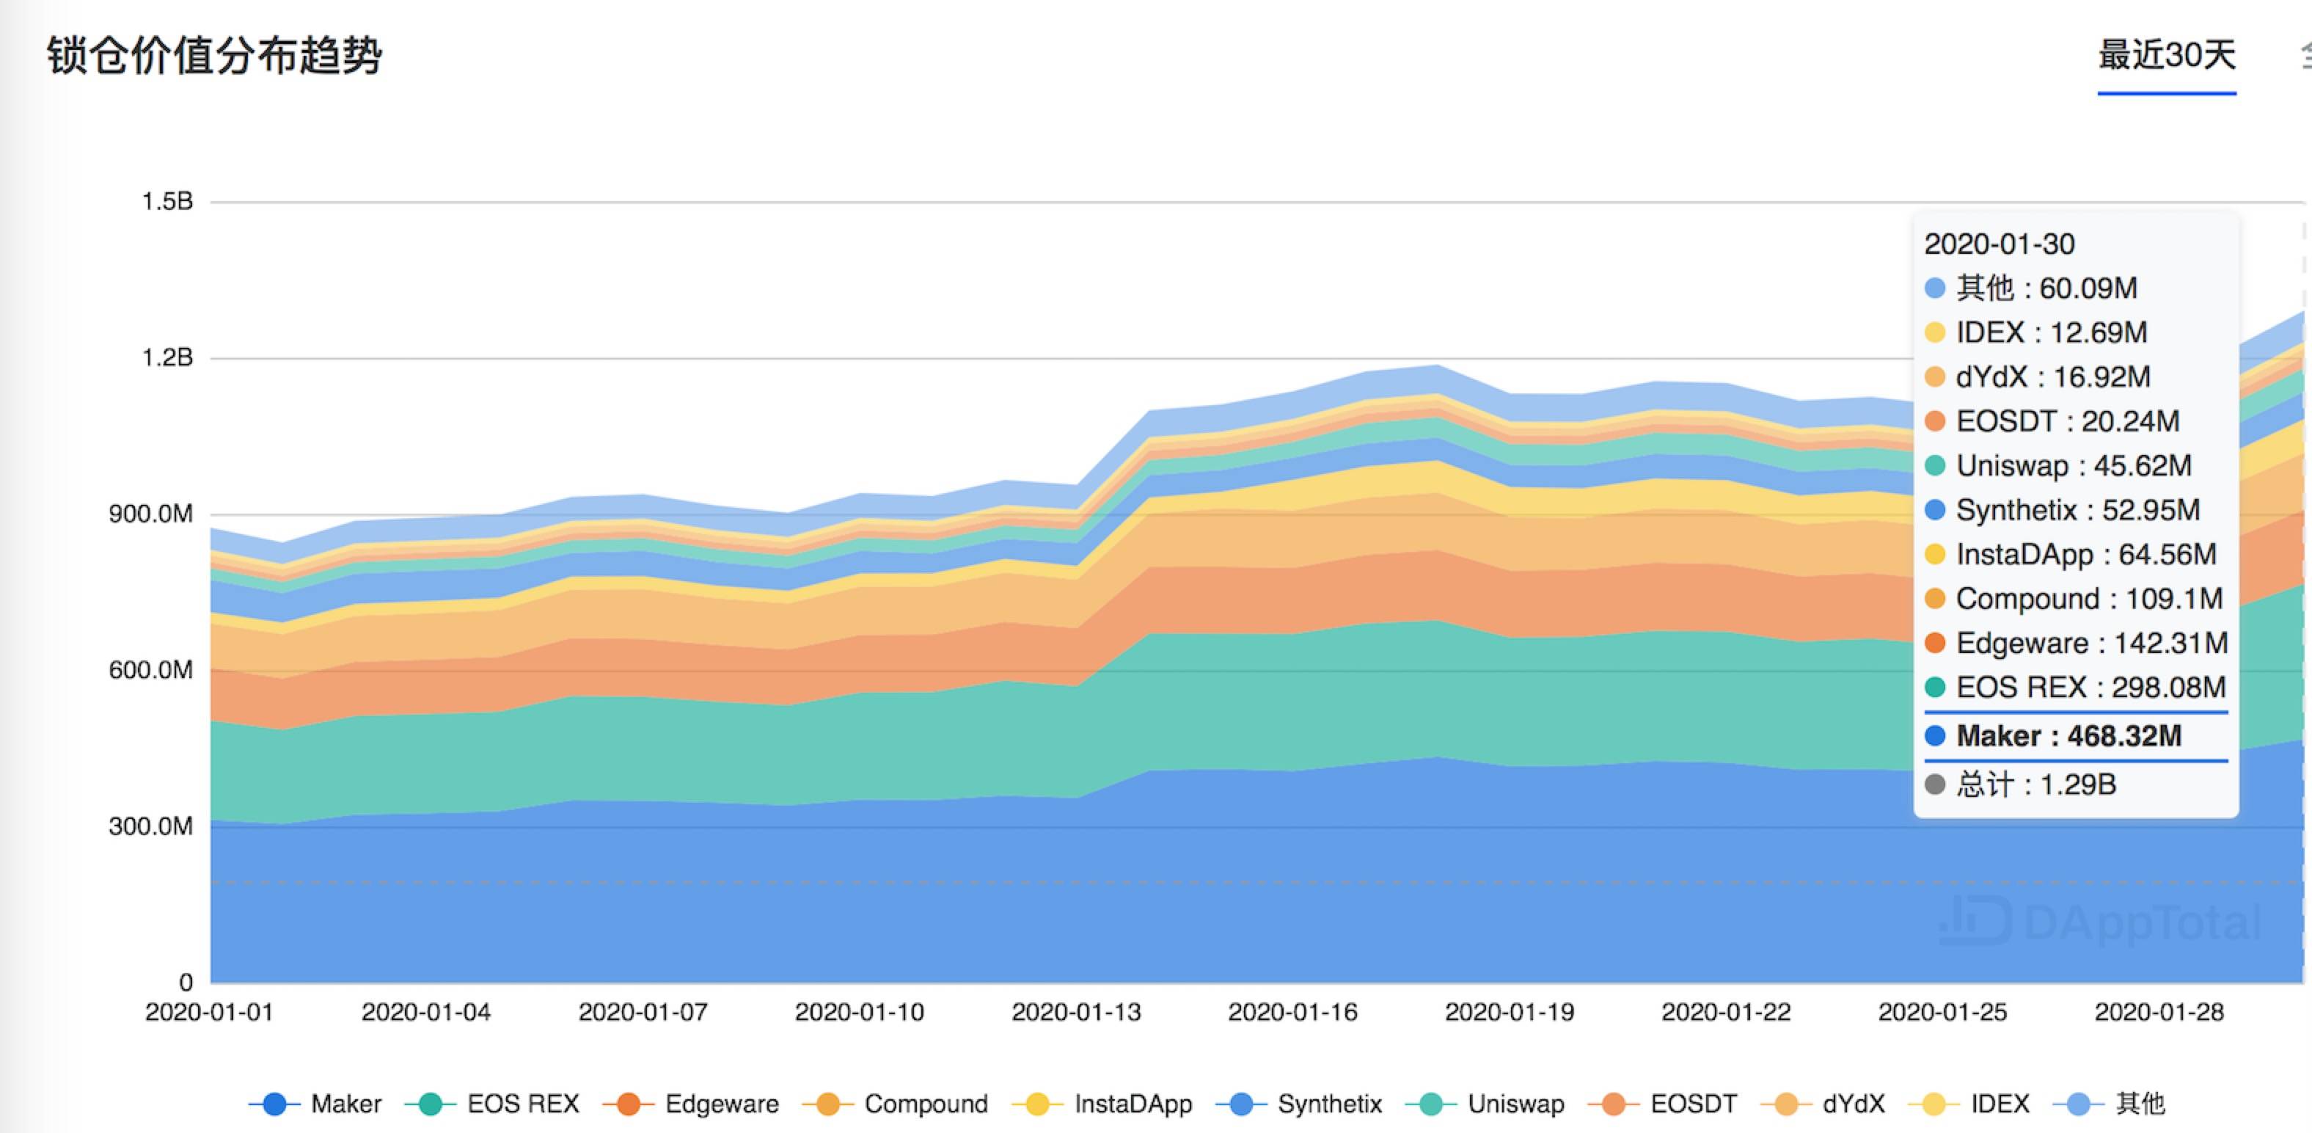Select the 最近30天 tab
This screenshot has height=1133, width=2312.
tap(2166, 56)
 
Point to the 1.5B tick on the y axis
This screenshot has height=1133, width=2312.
tap(168, 202)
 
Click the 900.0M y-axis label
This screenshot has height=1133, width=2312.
tap(151, 514)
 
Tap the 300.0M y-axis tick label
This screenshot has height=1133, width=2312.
tap(151, 827)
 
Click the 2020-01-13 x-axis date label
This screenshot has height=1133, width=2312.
tap(1076, 1013)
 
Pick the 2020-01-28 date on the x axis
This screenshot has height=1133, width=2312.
tap(2159, 1013)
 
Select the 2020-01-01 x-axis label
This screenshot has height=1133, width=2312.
tap(209, 1013)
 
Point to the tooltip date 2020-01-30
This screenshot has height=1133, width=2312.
tap(2000, 244)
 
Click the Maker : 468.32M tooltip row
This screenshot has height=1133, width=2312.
tap(2068, 736)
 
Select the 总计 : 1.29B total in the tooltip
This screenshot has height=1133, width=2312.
tap(2035, 784)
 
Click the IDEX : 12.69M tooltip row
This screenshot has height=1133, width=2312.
tap(2051, 333)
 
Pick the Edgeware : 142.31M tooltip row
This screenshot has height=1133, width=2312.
tap(2091, 643)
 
